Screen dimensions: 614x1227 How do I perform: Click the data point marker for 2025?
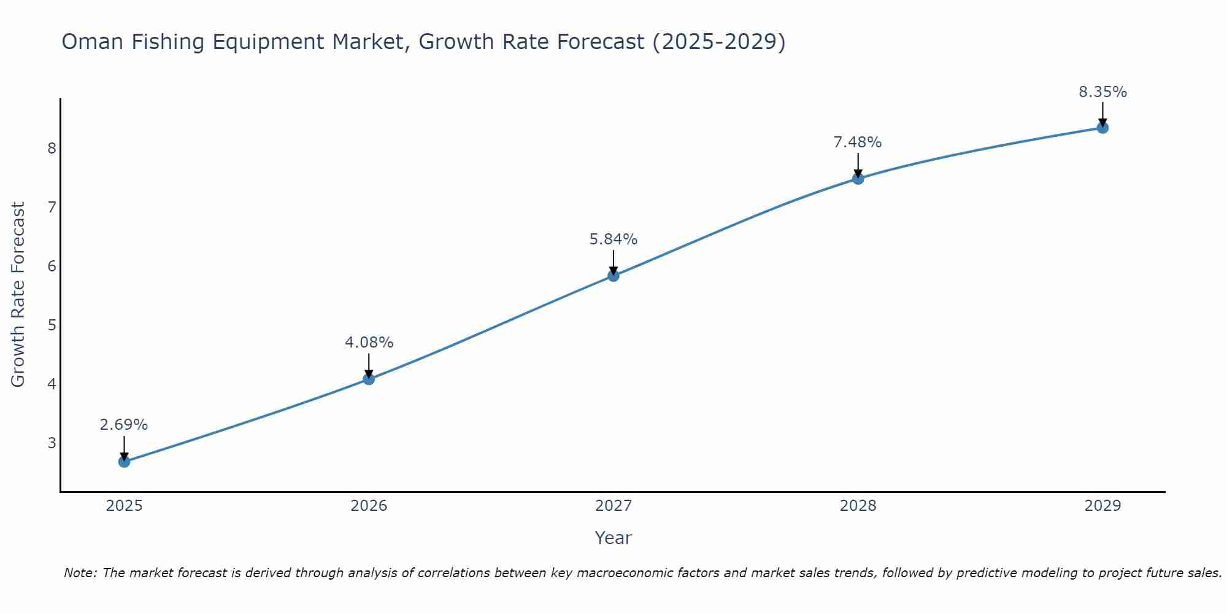124,461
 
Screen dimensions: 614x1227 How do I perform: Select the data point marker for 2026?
369,379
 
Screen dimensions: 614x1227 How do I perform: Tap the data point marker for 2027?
613,276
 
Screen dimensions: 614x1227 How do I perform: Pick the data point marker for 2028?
858,179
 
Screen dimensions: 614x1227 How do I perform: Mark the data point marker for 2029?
1102,128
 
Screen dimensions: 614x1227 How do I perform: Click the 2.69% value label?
124,425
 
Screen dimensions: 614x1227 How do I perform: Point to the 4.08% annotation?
369,343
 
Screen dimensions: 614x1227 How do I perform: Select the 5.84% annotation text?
613,239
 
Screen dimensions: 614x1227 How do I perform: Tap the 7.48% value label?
858,142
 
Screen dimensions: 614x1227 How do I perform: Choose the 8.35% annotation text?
1102,92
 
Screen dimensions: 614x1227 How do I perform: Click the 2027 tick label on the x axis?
613,506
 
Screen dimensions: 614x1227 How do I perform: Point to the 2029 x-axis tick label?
1102,506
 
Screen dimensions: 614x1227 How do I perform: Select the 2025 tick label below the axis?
124,506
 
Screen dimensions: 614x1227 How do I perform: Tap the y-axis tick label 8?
52,148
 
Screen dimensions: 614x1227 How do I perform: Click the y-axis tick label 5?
52,325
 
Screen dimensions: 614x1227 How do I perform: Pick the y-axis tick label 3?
52,443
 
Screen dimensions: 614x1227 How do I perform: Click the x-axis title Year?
613,538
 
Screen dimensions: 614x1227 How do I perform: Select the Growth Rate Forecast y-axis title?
18,295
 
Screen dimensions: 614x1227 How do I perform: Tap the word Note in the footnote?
80,573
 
